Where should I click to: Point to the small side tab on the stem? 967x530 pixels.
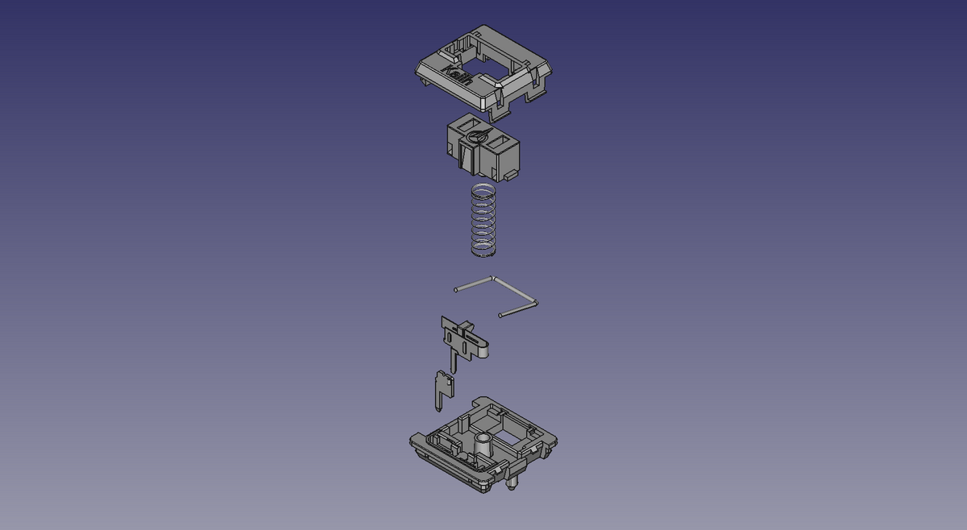coord(509,173)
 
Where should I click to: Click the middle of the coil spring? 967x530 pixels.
coord(483,222)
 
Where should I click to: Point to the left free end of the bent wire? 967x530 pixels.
coord(457,288)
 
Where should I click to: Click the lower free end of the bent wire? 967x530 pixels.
coord(501,314)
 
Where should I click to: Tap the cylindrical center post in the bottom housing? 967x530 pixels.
coord(483,445)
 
